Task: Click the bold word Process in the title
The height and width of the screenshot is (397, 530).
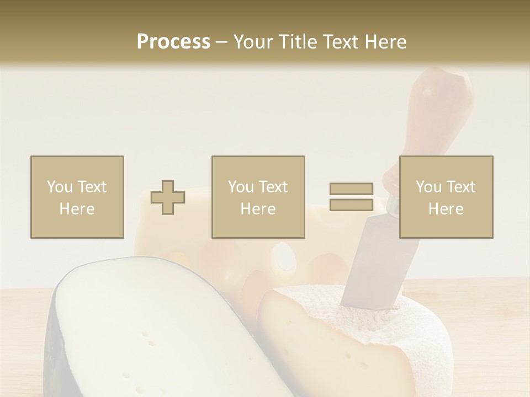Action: (173, 42)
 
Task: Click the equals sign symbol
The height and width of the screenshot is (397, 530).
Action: (351, 197)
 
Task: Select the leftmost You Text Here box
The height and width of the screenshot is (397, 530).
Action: (77, 197)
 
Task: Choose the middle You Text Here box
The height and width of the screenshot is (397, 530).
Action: (258, 197)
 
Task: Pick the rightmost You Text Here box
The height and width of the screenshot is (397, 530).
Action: (446, 197)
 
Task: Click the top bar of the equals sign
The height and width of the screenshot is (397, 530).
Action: (351, 189)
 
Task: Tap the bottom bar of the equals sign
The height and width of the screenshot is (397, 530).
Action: (351, 205)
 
